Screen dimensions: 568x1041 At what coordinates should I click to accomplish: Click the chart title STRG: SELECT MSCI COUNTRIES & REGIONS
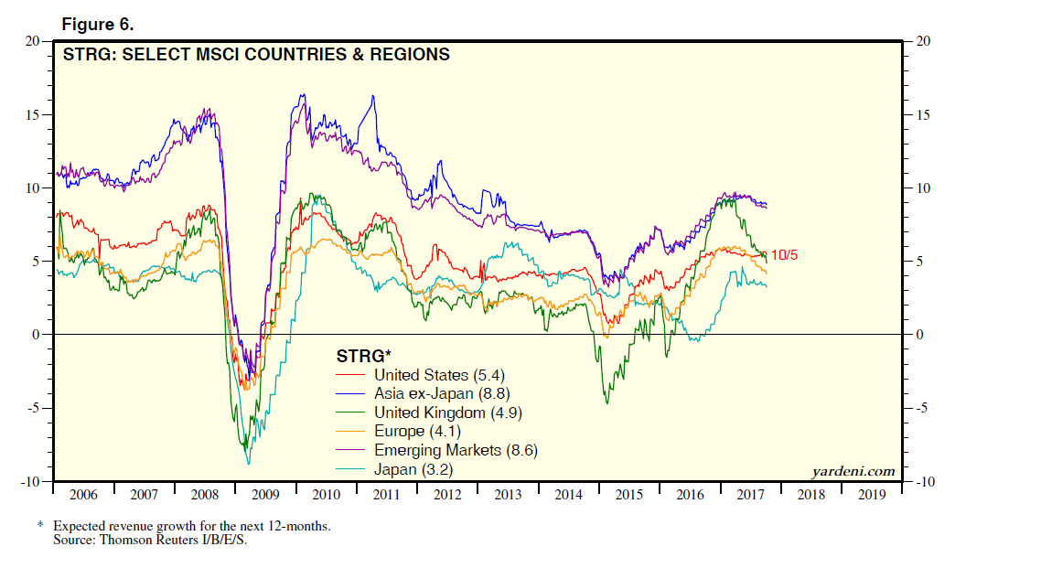pyautogui.click(x=255, y=55)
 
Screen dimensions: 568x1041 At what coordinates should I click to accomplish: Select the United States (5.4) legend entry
pyautogui.click(x=439, y=375)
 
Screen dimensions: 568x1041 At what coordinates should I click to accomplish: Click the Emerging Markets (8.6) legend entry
pyautogui.click(x=455, y=450)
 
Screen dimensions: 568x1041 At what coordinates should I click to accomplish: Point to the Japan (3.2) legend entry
pyautogui.click(x=413, y=469)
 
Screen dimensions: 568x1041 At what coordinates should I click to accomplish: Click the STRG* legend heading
pyautogui.click(x=364, y=355)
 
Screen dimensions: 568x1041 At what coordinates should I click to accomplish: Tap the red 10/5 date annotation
pyautogui.click(x=785, y=254)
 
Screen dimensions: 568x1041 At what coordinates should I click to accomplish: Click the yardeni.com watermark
pyautogui.click(x=853, y=472)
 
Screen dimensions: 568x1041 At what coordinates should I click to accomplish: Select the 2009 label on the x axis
pyautogui.click(x=265, y=495)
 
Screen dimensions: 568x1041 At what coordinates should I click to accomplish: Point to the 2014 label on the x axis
pyautogui.click(x=569, y=495)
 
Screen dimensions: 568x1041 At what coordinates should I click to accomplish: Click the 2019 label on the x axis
pyautogui.click(x=872, y=495)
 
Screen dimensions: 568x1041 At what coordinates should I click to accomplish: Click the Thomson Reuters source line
pyautogui.click(x=150, y=540)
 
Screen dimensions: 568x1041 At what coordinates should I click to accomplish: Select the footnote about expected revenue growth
pyautogui.click(x=190, y=527)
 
